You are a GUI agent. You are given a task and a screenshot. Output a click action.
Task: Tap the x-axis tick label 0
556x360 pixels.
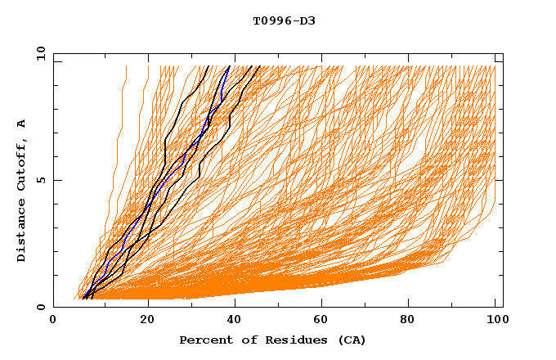53,322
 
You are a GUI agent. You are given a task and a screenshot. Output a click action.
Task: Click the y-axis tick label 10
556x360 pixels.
40,53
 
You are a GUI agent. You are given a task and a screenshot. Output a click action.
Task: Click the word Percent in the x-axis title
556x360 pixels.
204,340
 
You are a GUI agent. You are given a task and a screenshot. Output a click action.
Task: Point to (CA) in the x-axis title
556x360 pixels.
350,340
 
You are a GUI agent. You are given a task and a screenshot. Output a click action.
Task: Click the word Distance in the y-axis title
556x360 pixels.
21,232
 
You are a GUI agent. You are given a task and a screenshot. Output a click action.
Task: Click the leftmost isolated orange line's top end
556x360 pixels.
126,66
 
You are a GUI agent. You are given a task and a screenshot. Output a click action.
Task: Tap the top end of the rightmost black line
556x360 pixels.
260,66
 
